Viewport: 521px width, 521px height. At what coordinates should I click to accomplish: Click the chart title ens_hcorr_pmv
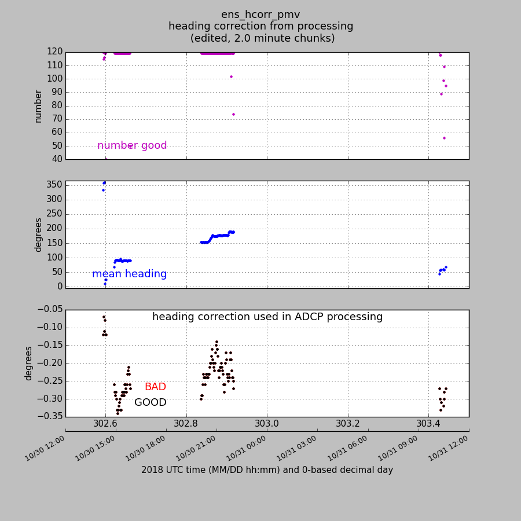260,14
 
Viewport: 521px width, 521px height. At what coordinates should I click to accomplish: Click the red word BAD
155,387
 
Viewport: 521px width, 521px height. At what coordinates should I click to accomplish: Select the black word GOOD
151,402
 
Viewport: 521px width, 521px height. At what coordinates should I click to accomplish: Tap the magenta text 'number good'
132,146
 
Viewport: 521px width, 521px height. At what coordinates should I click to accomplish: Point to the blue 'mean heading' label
129,274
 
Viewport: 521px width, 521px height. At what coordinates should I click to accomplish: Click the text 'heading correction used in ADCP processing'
267,317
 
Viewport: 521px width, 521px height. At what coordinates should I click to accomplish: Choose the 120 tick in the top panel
56,52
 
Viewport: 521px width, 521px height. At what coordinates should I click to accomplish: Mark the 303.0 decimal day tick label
267,423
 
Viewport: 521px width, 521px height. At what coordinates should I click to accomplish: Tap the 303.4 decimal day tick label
428,423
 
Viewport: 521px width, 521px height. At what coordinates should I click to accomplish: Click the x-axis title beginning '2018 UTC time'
267,470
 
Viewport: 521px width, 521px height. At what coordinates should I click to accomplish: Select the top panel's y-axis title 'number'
38,106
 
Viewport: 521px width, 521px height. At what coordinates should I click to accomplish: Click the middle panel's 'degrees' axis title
38,234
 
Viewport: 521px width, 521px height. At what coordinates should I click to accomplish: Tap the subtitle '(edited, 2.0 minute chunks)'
262,38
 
